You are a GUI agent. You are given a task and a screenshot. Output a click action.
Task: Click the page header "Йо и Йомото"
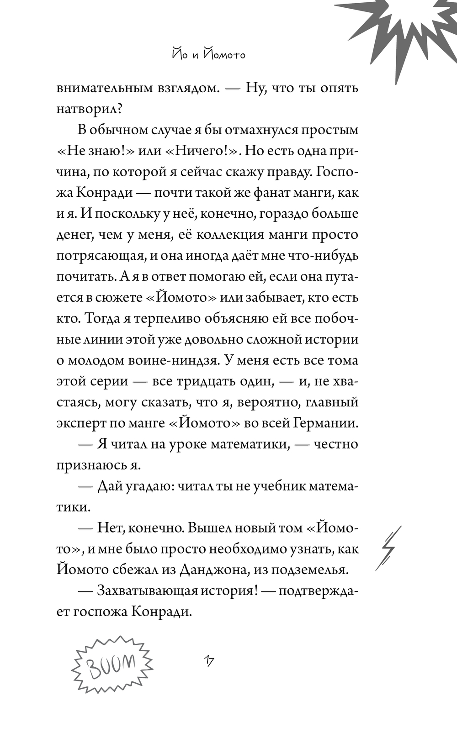[208, 54]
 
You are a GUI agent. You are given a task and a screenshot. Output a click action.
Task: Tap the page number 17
[210, 661]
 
